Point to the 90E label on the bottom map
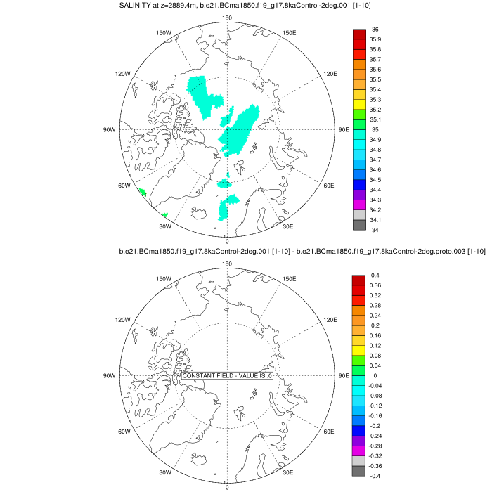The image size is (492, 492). click(x=344, y=375)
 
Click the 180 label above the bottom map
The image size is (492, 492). click(x=226, y=264)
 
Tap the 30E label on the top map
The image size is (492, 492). click(x=287, y=225)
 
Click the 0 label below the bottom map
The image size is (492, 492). click(x=226, y=487)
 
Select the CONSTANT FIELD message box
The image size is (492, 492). click(x=227, y=376)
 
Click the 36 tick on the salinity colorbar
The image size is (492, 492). click(x=375, y=30)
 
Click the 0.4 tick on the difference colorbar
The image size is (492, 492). click(x=375, y=276)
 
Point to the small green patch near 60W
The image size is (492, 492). click(x=142, y=192)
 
